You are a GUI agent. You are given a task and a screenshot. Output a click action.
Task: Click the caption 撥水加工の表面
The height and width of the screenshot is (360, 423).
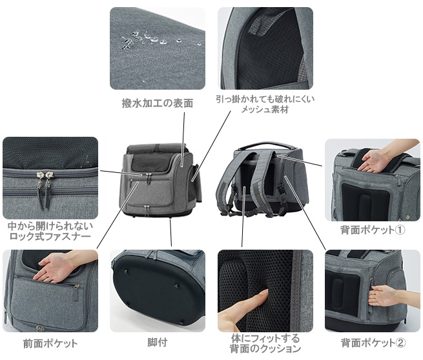[x=158, y=103]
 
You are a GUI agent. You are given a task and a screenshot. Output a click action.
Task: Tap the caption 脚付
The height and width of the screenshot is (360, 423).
[x=158, y=343]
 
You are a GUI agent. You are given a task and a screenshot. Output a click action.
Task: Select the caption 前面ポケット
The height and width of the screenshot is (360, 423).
[x=50, y=344]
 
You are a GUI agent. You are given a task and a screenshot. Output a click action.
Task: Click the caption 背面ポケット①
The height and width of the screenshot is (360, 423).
[x=373, y=230]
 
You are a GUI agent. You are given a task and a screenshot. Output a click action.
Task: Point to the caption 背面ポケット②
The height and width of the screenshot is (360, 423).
[x=373, y=343]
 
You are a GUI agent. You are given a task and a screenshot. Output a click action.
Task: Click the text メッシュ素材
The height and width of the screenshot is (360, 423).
[x=265, y=110]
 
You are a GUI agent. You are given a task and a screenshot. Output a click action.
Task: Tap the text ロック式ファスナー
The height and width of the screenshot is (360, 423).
[x=50, y=236]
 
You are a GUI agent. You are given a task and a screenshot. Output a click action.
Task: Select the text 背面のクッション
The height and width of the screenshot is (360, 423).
[x=265, y=348]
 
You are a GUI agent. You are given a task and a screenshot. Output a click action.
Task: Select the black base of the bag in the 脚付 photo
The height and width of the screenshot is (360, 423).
[x=158, y=292]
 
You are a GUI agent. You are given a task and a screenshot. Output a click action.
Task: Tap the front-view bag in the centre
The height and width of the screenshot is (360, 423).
[x=161, y=180]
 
